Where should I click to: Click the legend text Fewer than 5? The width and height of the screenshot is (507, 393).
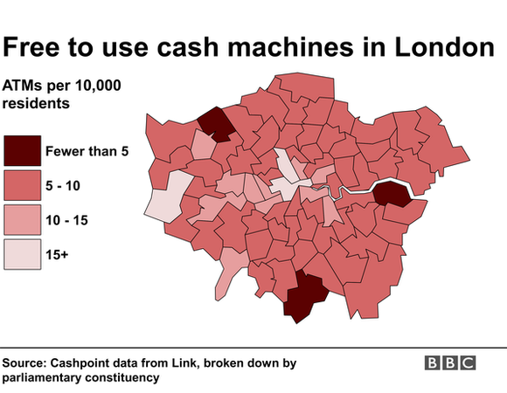87,151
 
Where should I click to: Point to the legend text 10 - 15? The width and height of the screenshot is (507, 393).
70,220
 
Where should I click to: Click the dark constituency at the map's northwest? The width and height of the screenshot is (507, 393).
216,123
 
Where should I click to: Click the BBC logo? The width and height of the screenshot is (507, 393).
450,362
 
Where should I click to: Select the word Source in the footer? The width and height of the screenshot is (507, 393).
26,362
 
